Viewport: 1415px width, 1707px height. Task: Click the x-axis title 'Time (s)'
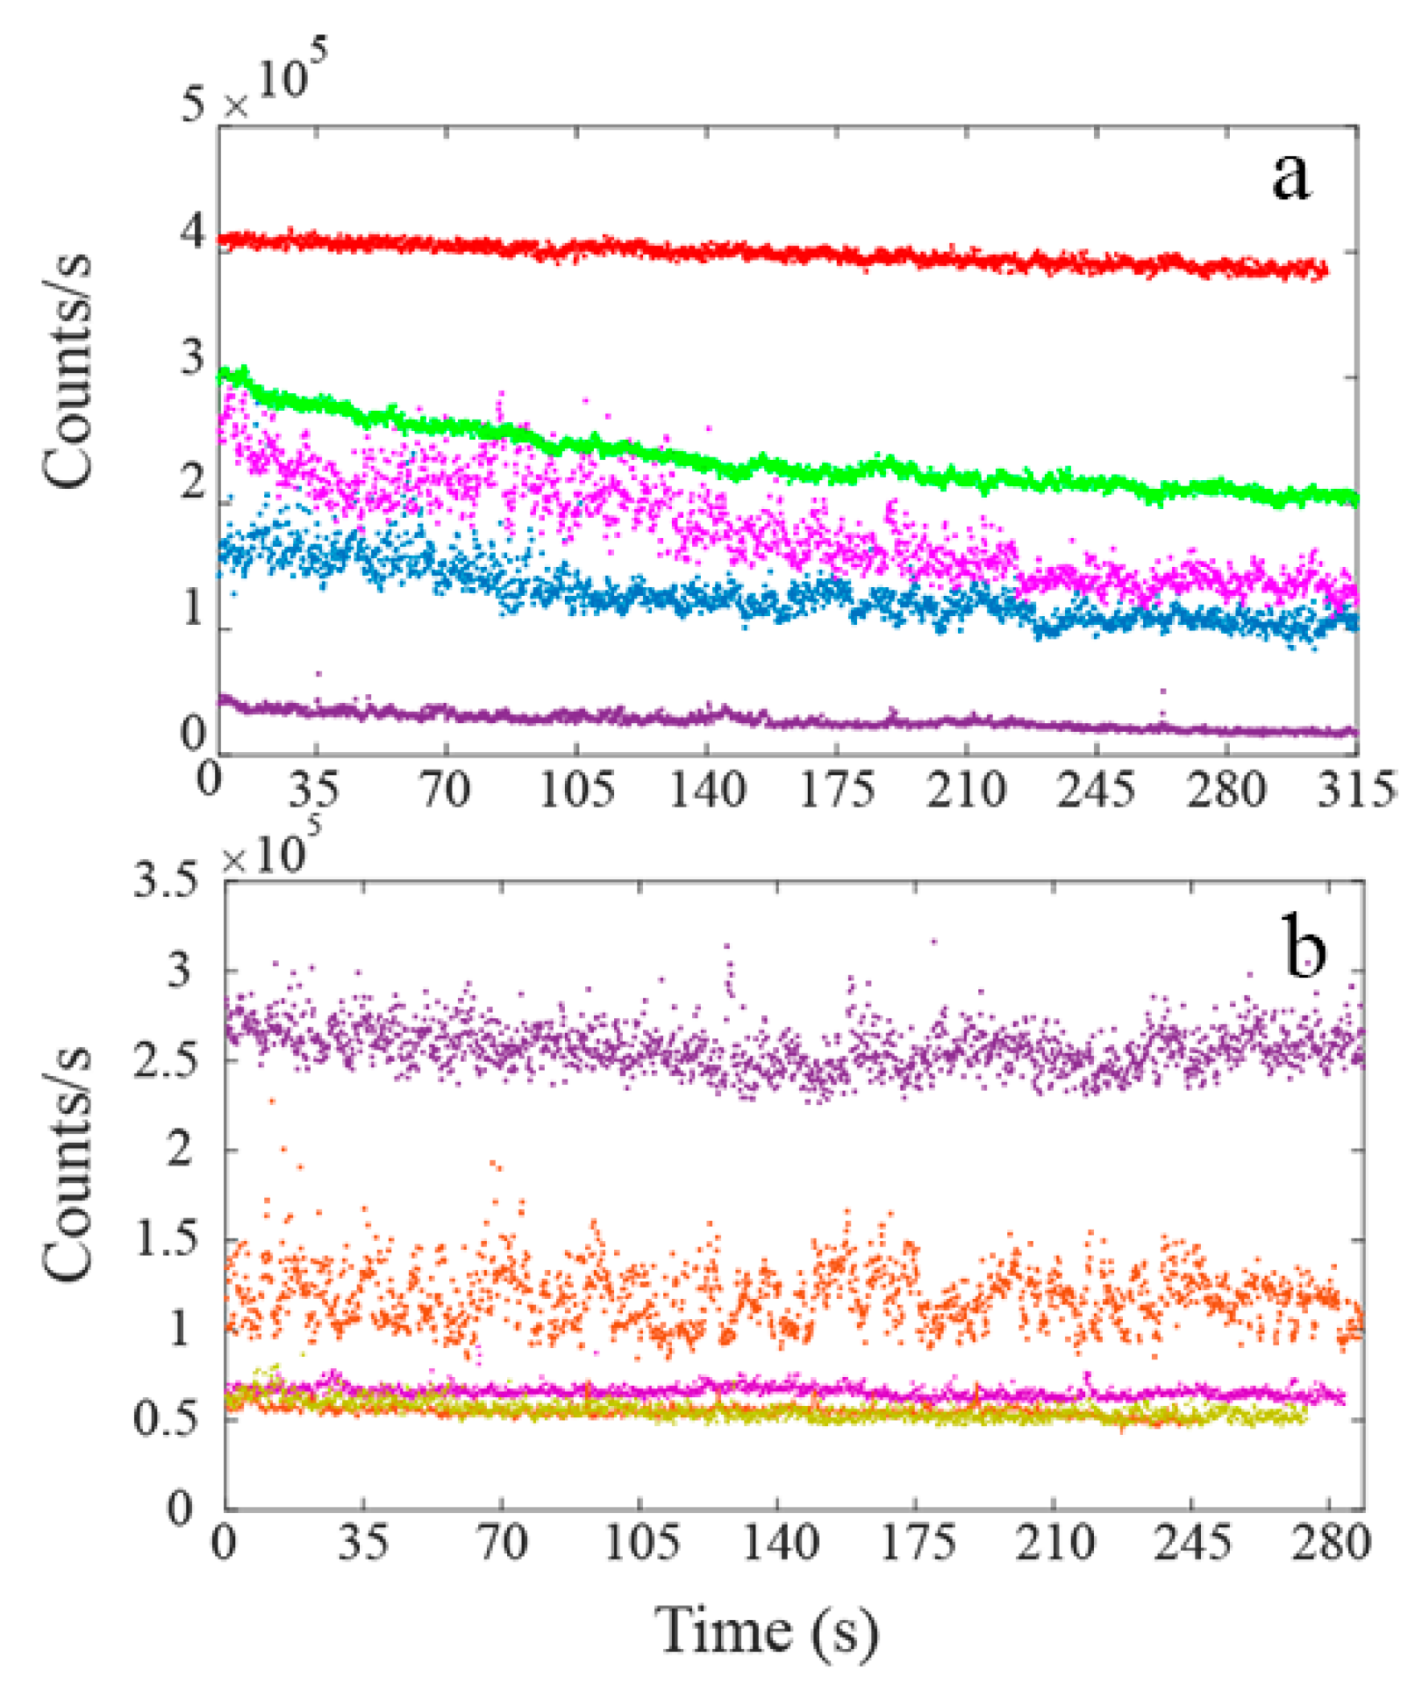[x=768, y=1631]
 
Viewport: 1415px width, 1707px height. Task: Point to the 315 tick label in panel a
[x=1355, y=789]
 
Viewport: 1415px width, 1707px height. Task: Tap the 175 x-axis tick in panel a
[x=836, y=789]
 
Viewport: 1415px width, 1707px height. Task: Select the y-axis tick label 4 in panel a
[x=193, y=233]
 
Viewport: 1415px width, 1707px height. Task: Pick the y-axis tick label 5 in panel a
[x=193, y=105]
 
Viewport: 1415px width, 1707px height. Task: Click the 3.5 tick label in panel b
[x=165, y=880]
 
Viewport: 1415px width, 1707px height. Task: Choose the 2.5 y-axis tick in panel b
[x=165, y=1061]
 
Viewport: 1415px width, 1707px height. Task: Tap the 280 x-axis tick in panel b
[x=1330, y=1542]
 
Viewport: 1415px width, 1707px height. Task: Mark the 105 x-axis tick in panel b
[x=640, y=1542]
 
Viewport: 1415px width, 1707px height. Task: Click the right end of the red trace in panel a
[x=1324, y=271]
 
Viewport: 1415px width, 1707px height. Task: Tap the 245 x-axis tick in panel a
[x=1096, y=789]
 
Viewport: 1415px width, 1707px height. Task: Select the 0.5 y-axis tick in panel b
[x=165, y=1420]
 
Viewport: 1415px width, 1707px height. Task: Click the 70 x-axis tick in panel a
[x=446, y=789]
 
